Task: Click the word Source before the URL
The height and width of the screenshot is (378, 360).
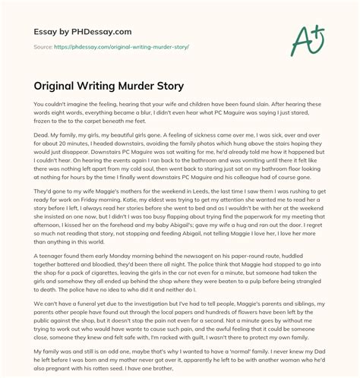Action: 45,46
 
